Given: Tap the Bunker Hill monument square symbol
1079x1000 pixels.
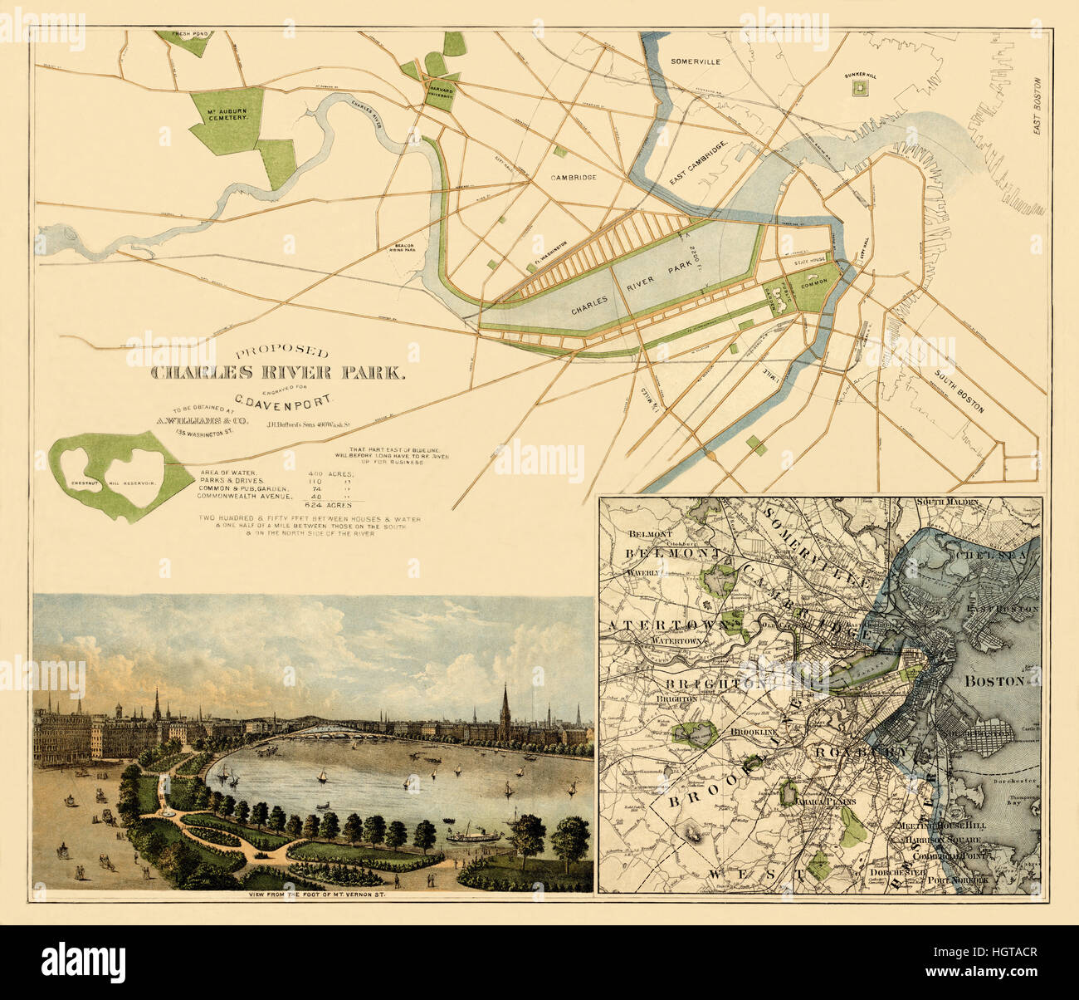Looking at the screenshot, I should [861, 86].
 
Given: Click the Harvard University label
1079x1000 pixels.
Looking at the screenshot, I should [440, 93].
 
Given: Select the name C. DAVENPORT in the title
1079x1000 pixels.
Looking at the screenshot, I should [282, 400].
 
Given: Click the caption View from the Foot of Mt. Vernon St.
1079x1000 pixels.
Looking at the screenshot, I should [312, 895].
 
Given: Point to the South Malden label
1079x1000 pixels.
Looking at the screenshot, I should [947, 502].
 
